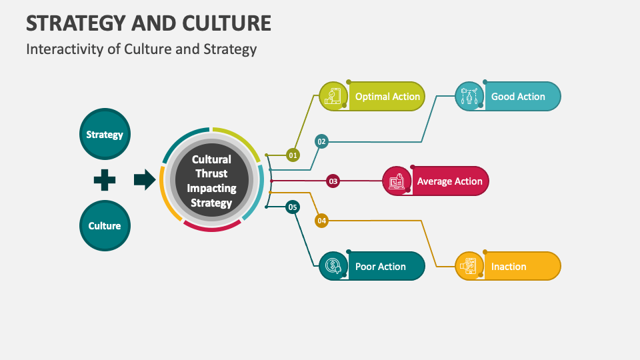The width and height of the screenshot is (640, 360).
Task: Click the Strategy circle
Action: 105,134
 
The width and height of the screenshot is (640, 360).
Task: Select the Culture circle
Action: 105,225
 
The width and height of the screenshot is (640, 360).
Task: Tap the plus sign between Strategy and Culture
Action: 105,180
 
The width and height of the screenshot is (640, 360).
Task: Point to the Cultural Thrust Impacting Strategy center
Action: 211,181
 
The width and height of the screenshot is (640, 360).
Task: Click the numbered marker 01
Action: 293,155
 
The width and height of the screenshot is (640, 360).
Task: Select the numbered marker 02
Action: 321,141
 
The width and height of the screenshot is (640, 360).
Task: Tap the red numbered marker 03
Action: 333,181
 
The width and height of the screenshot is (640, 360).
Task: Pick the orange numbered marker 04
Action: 321,221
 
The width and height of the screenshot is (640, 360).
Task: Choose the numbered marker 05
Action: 293,207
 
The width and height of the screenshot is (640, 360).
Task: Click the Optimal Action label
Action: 387,97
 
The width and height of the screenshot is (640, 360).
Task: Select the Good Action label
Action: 518,97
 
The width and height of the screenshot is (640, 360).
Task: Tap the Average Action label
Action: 449,181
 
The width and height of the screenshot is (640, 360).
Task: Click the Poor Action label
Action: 380,266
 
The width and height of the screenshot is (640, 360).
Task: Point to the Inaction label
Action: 509,266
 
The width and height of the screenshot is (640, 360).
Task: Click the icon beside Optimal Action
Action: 333,97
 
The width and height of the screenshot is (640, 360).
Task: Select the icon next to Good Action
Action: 469,97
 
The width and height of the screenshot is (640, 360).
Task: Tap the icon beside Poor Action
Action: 333,266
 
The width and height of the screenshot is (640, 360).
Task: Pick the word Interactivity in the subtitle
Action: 57,49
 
